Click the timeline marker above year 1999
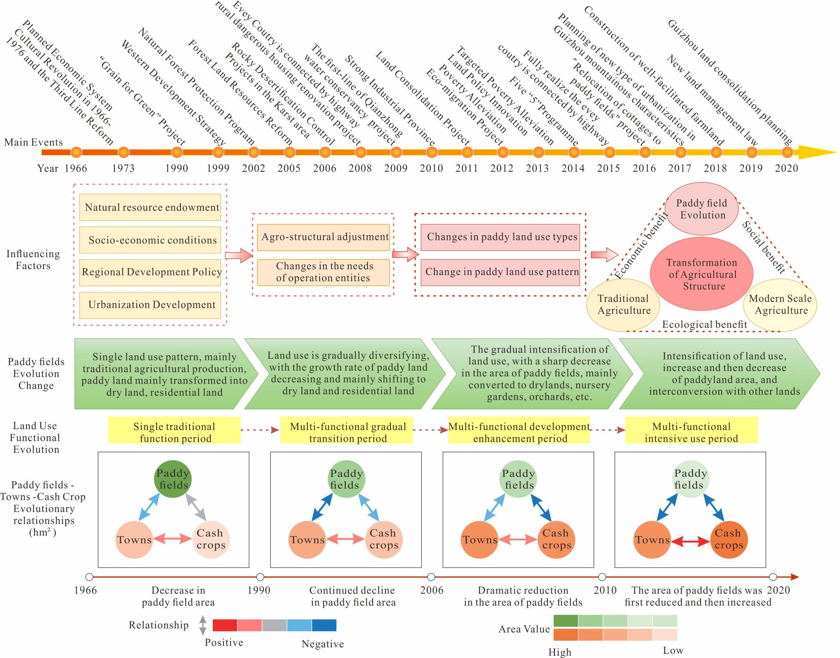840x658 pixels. click(x=218, y=153)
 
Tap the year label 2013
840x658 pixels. click(x=537, y=168)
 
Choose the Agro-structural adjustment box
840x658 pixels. click(x=324, y=237)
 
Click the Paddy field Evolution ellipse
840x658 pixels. click(x=702, y=209)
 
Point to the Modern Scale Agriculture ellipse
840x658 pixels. click(x=780, y=305)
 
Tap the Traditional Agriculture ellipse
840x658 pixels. click(x=623, y=305)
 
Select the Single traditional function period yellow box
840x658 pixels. click(x=174, y=430)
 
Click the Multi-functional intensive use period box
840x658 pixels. click(x=692, y=430)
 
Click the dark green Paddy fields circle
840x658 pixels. click(x=173, y=479)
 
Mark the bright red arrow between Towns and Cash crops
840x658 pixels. click(x=691, y=542)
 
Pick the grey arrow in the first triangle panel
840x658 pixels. click(x=196, y=507)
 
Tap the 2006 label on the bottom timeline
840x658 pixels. click(x=431, y=590)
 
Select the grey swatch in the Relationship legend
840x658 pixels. click(x=274, y=625)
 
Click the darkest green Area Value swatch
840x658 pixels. click(x=566, y=621)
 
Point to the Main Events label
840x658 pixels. click(x=34, y=142)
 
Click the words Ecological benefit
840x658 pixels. click(x=704, y=325)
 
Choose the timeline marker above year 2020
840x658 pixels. click(x=787, y=153)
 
